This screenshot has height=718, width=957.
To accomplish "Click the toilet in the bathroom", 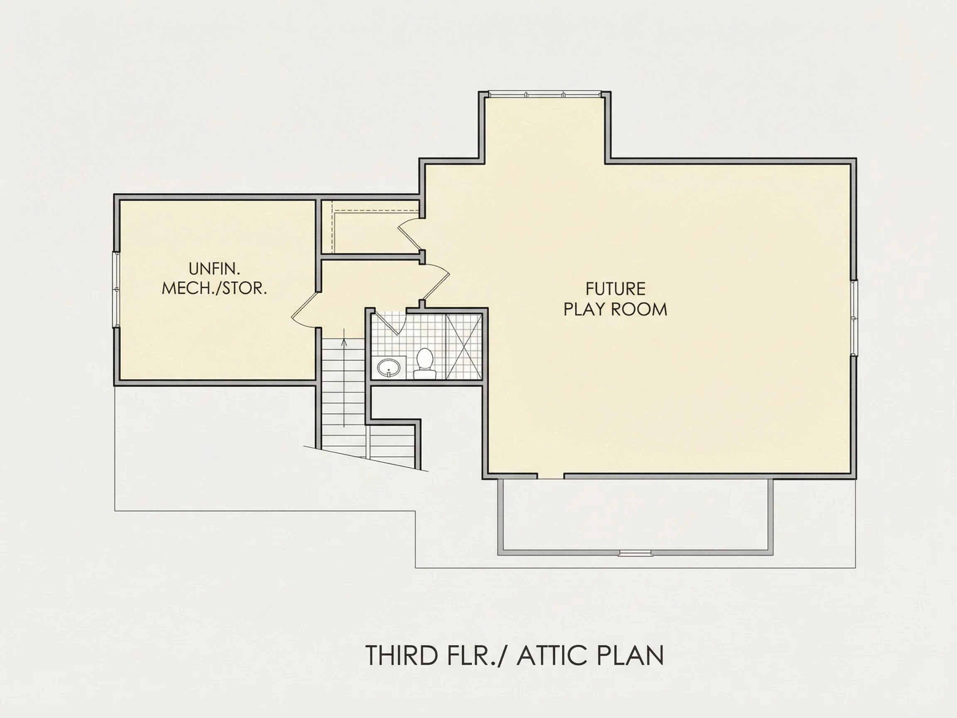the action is click(x=424, y=364).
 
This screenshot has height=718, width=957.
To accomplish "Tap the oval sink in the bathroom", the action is click(x=388, y=368).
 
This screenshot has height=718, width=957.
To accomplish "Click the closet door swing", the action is click(x=409, y=236).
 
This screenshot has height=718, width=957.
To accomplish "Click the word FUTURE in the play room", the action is click(x=615, y=289).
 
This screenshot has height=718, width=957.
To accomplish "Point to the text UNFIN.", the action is click(x=214, y=269).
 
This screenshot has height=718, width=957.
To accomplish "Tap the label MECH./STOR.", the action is click(x=214, y=288).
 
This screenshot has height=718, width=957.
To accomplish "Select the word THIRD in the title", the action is click(x=402, y=655).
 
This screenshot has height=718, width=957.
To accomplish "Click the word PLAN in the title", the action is click(x=631, y=655).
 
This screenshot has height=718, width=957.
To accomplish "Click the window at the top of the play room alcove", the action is click(x=545, y=93).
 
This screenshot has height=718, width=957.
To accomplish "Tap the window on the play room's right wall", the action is click(x=854, y=318).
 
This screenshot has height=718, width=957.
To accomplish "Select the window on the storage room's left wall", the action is click(x=116, y=290).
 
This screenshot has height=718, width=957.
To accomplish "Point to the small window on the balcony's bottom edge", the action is click(x=635, y=553).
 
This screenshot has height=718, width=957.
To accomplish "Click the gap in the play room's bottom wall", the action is click(x=551, y=476).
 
